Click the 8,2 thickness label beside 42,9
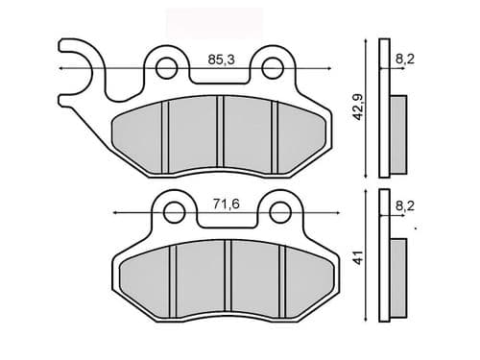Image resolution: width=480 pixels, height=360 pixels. tap(405, 60)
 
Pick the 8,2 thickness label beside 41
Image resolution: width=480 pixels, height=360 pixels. tap(405, 204)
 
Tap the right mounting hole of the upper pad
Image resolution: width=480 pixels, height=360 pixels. tap(277, 67)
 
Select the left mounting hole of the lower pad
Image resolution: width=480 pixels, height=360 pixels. tap(173, 210)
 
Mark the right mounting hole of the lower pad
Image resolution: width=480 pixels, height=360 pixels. tap(279, 210)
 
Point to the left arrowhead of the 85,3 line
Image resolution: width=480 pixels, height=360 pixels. tap(63, 68)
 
